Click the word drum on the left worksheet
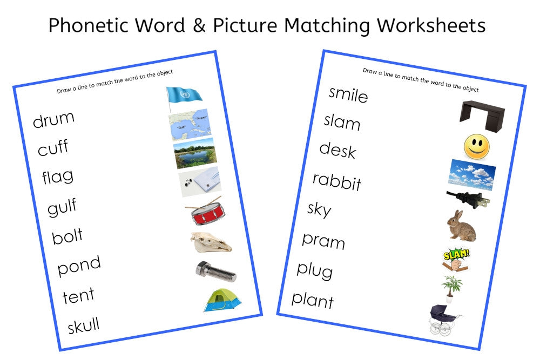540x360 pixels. pos(53,119)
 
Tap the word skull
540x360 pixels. pos(83,325)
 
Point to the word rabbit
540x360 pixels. pos(337,181)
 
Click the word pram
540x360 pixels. pos(323,240)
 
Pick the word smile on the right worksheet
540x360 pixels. pos(348,94)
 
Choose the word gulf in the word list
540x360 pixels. pos(62,207)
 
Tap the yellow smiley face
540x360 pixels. pos(476,147)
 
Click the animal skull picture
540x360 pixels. pos(210,242)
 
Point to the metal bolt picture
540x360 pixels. pos(215,271)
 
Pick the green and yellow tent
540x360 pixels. pos(222,300)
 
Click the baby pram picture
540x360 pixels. pos(443,320)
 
